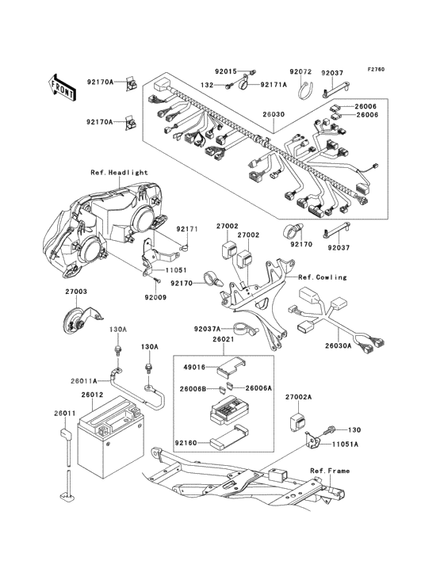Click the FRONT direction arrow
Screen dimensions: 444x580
tap(62, 87)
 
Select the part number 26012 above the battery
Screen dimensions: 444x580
tap(92, 395)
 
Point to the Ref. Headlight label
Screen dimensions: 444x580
tap(119, 173)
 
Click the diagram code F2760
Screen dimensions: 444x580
tap(377, 69)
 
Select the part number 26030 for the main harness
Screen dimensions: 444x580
tap(274, 114)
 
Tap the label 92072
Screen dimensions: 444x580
tap(300, 72)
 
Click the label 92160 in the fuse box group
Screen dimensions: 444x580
tap(186, 442)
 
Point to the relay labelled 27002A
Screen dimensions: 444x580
tap(297, 421)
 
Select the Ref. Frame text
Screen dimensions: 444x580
tap(330, 471)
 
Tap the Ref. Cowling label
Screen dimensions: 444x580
tap(323, 277)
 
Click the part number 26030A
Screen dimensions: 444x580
tap(339, 346)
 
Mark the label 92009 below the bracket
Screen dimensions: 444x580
tap(155, 297)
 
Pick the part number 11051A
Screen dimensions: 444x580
tap(345, 445)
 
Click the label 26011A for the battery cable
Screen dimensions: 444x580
tap(84, 380)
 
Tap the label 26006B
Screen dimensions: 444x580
tap(193, 389)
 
